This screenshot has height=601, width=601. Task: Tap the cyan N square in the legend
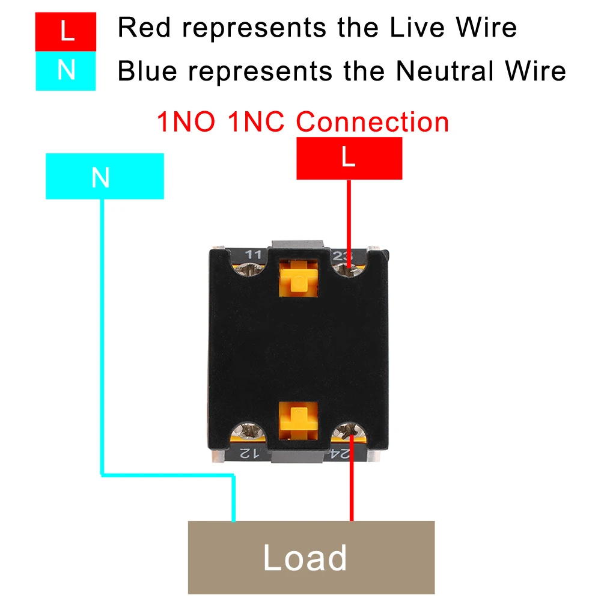[x=66, y=70]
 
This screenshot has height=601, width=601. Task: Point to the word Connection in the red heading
[x=373, y=122]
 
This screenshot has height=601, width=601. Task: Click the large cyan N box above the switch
[x=105, y=176]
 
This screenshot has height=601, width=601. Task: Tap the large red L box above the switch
[x=349, y=158]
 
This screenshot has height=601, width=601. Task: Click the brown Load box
[x=311, y=557]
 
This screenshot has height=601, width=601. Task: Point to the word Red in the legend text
[x=142, y=28]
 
